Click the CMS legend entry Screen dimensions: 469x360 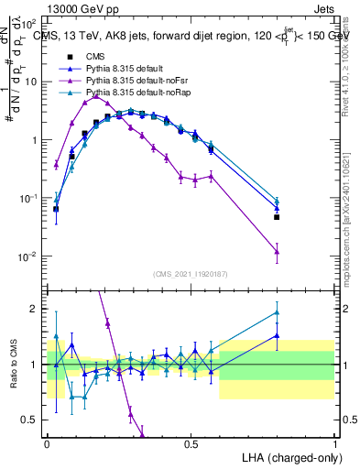[x=94, y=57]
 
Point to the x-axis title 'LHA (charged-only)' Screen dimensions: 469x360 [x=289, y=456]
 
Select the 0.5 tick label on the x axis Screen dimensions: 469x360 [x=191, y=444]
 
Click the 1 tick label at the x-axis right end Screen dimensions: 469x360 [x=334, y=444]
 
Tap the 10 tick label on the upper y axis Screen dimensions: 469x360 [x=31, y=82]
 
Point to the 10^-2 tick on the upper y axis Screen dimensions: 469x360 [x=28, y=256]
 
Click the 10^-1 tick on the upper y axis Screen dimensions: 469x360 [x=28, y=198]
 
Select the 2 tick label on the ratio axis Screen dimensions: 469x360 [x=37, y=309]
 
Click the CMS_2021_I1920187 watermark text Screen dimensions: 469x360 [x=190, y=274]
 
